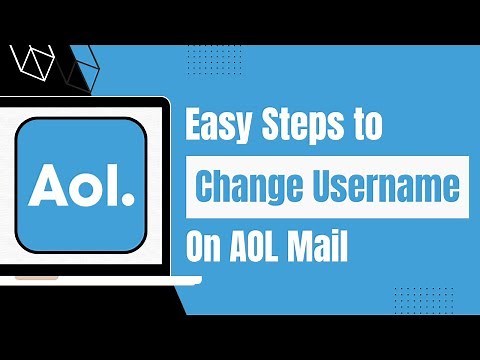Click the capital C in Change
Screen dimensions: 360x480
[x=207, y=187]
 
